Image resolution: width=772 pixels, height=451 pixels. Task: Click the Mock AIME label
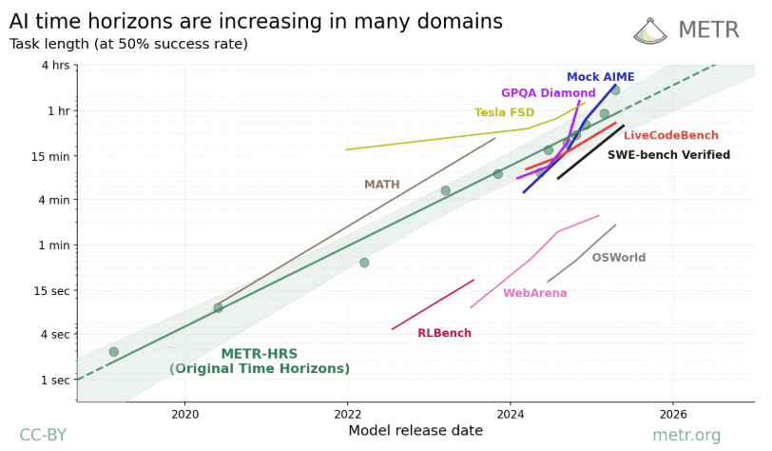(x=600, y=77)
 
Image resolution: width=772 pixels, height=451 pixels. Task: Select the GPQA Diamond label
(x=549, y=93)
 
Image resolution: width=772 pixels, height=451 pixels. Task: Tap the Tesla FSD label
(x=504, y=112)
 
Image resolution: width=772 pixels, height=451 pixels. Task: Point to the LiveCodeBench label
(x=671, y=136)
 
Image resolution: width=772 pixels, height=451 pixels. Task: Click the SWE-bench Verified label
(x=668, y=155)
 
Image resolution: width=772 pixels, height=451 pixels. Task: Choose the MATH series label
(x=381, y=185)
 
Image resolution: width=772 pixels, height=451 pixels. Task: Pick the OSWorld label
(x=618, y=258)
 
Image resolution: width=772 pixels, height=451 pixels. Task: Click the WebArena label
(x=534, y=293)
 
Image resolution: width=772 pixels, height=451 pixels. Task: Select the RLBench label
(x=444, y=333)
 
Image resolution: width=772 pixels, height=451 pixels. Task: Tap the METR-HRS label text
(x=260, y=355)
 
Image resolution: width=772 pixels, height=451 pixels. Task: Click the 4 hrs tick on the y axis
(x=56, y=66)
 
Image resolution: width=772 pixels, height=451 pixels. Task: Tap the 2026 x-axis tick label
(x=672, y=414)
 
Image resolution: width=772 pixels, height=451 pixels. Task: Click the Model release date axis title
(x=415, y=431)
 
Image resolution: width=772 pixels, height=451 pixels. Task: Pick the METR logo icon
(x=650, y=30)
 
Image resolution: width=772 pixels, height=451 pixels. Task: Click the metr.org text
(x=686, y=436)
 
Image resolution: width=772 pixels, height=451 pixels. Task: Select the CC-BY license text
(x=43, y=436)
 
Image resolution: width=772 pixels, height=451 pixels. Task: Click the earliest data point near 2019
(x=114, y=352)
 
